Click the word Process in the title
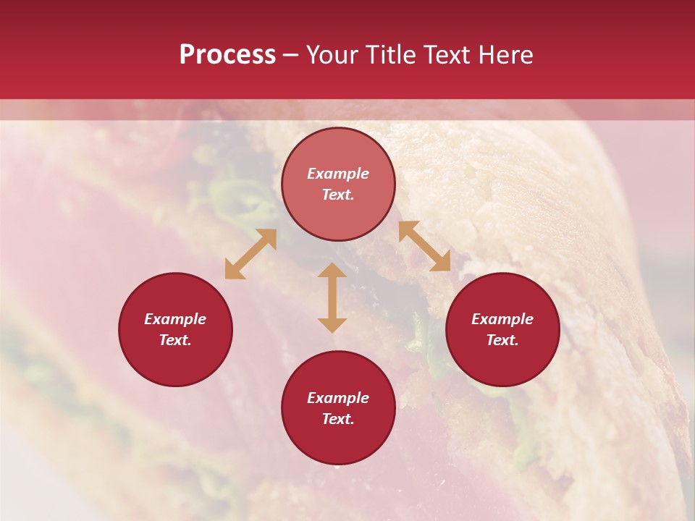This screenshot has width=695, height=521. click(227, 55)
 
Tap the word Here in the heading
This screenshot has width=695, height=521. click(505, 55)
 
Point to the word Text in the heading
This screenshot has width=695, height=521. click(447, 55)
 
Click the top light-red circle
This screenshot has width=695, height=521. click(338, 185)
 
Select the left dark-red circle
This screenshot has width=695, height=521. click(175, 329)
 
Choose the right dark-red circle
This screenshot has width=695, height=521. click(502, 329)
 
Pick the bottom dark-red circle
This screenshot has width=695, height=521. click(338, 408)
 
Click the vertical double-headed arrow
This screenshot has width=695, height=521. click(332, 297)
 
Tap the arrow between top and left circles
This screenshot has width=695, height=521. click(250, 254)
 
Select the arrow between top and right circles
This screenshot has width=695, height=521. click(424, 247)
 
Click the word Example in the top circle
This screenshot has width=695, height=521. click(338, 174)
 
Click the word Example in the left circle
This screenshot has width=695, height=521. click(175, 319)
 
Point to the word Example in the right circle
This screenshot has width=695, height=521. click(502, 319)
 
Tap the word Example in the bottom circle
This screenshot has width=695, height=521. click(338, 398)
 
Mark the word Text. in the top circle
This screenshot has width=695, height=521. click(338, 195)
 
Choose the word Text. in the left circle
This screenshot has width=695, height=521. click(175, 340)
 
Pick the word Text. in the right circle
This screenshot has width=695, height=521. click(502, 340)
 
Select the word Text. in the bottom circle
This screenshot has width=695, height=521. click(338, 419)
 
